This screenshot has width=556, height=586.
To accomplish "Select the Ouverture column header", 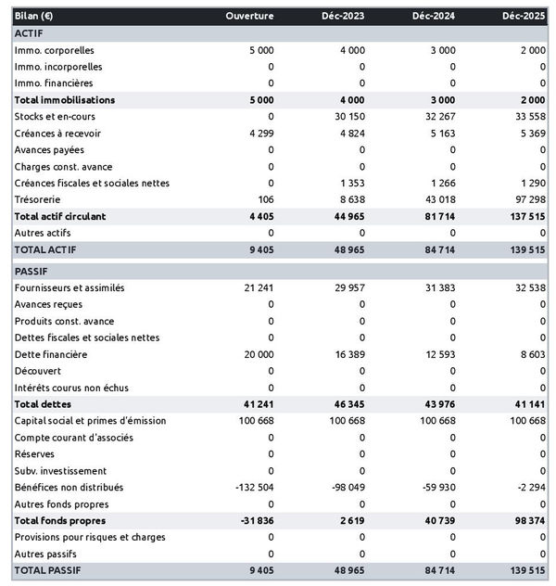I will [x=249, y=17].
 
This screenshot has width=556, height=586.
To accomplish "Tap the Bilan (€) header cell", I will [x=34, y=17].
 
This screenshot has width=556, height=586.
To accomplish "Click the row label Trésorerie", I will [x=39, y=199].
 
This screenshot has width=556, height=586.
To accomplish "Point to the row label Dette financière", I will [x=51, y=354].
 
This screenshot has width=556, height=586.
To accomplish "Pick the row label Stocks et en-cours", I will [x=55, y=116].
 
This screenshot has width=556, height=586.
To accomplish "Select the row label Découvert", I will [x=38, y=371].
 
